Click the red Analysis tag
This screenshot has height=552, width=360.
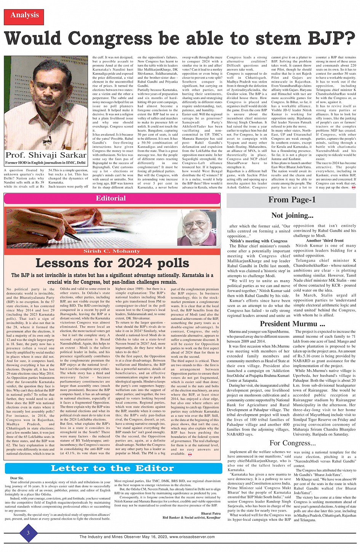pyautogui.click(x=24, y=16)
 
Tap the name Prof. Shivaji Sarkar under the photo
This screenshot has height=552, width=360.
pyautogui.click(x=46, y=155)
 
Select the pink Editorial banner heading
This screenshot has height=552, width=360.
pyautogui.click(x=111, y=198)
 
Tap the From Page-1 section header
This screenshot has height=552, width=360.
pyautogui.click(x=291, y=200)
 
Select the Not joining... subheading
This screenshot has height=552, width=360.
pyautogui.click(x=292, y=215)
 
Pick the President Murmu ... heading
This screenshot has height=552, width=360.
pyautogui.click(x=292, y=324)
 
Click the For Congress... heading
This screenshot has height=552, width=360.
pyautogui.click(x=292, y=443)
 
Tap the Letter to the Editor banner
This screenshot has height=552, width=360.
pyautogui.click(x=112, y=468)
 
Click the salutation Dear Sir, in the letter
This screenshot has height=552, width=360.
pyautogui.click(x=17, y=478)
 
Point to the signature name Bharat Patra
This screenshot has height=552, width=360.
pyautogui.click(x=211, y=514)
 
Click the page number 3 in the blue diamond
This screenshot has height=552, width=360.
pyautogui.click(x=28, y=533)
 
